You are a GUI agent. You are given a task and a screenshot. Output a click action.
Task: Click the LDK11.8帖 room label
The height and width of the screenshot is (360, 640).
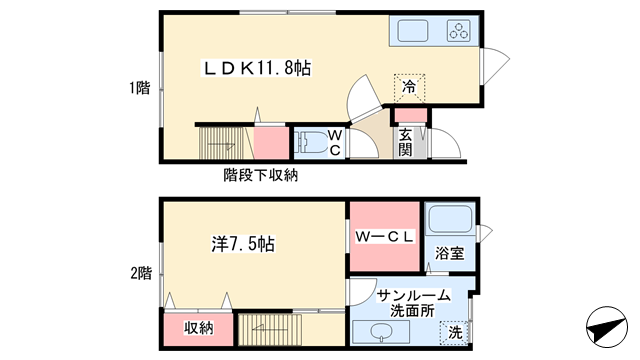click(x=257, y=68)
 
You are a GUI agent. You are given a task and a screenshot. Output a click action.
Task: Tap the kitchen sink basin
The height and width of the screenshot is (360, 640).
click(x=413, y=31)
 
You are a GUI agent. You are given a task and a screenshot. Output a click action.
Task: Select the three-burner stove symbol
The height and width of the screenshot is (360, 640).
click(x=459, y=31)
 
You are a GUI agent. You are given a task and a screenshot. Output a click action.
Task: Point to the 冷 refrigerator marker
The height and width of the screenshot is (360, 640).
click(x=409, y=87)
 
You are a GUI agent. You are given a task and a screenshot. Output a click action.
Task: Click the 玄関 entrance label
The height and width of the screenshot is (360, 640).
click(x=405, y=142)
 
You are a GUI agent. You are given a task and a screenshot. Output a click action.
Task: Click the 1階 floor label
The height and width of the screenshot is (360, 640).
click(x=140, y=88)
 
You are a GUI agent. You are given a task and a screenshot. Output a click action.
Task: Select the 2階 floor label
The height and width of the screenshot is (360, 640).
click(x=141, y=273)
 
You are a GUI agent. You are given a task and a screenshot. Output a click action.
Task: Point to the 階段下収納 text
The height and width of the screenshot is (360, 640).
click(x=260, y=176)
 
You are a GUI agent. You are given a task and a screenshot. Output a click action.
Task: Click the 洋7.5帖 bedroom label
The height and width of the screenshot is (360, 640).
click(x=243, y=244)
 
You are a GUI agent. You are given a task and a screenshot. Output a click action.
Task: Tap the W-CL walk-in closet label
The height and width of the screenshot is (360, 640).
click(x=384, y=237)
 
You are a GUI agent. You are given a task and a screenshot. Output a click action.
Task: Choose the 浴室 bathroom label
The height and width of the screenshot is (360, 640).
click(x=449, y=253)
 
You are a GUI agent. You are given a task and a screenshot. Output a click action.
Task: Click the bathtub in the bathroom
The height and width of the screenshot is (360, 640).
click(x=450, y=219)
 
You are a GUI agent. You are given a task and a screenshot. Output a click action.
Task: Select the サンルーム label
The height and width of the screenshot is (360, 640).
click(x=413, y=295)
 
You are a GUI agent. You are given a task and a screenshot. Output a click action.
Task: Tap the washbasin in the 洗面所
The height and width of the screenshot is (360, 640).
click(x=381, y=331)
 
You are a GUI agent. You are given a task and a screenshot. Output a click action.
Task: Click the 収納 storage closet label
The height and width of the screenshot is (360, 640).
click(x=198, y=328)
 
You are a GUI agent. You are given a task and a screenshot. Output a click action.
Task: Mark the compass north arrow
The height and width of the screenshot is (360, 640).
click(x=607, y=327)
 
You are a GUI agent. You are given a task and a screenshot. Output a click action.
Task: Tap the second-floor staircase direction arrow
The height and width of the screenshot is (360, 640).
click(x=267, y=327)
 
